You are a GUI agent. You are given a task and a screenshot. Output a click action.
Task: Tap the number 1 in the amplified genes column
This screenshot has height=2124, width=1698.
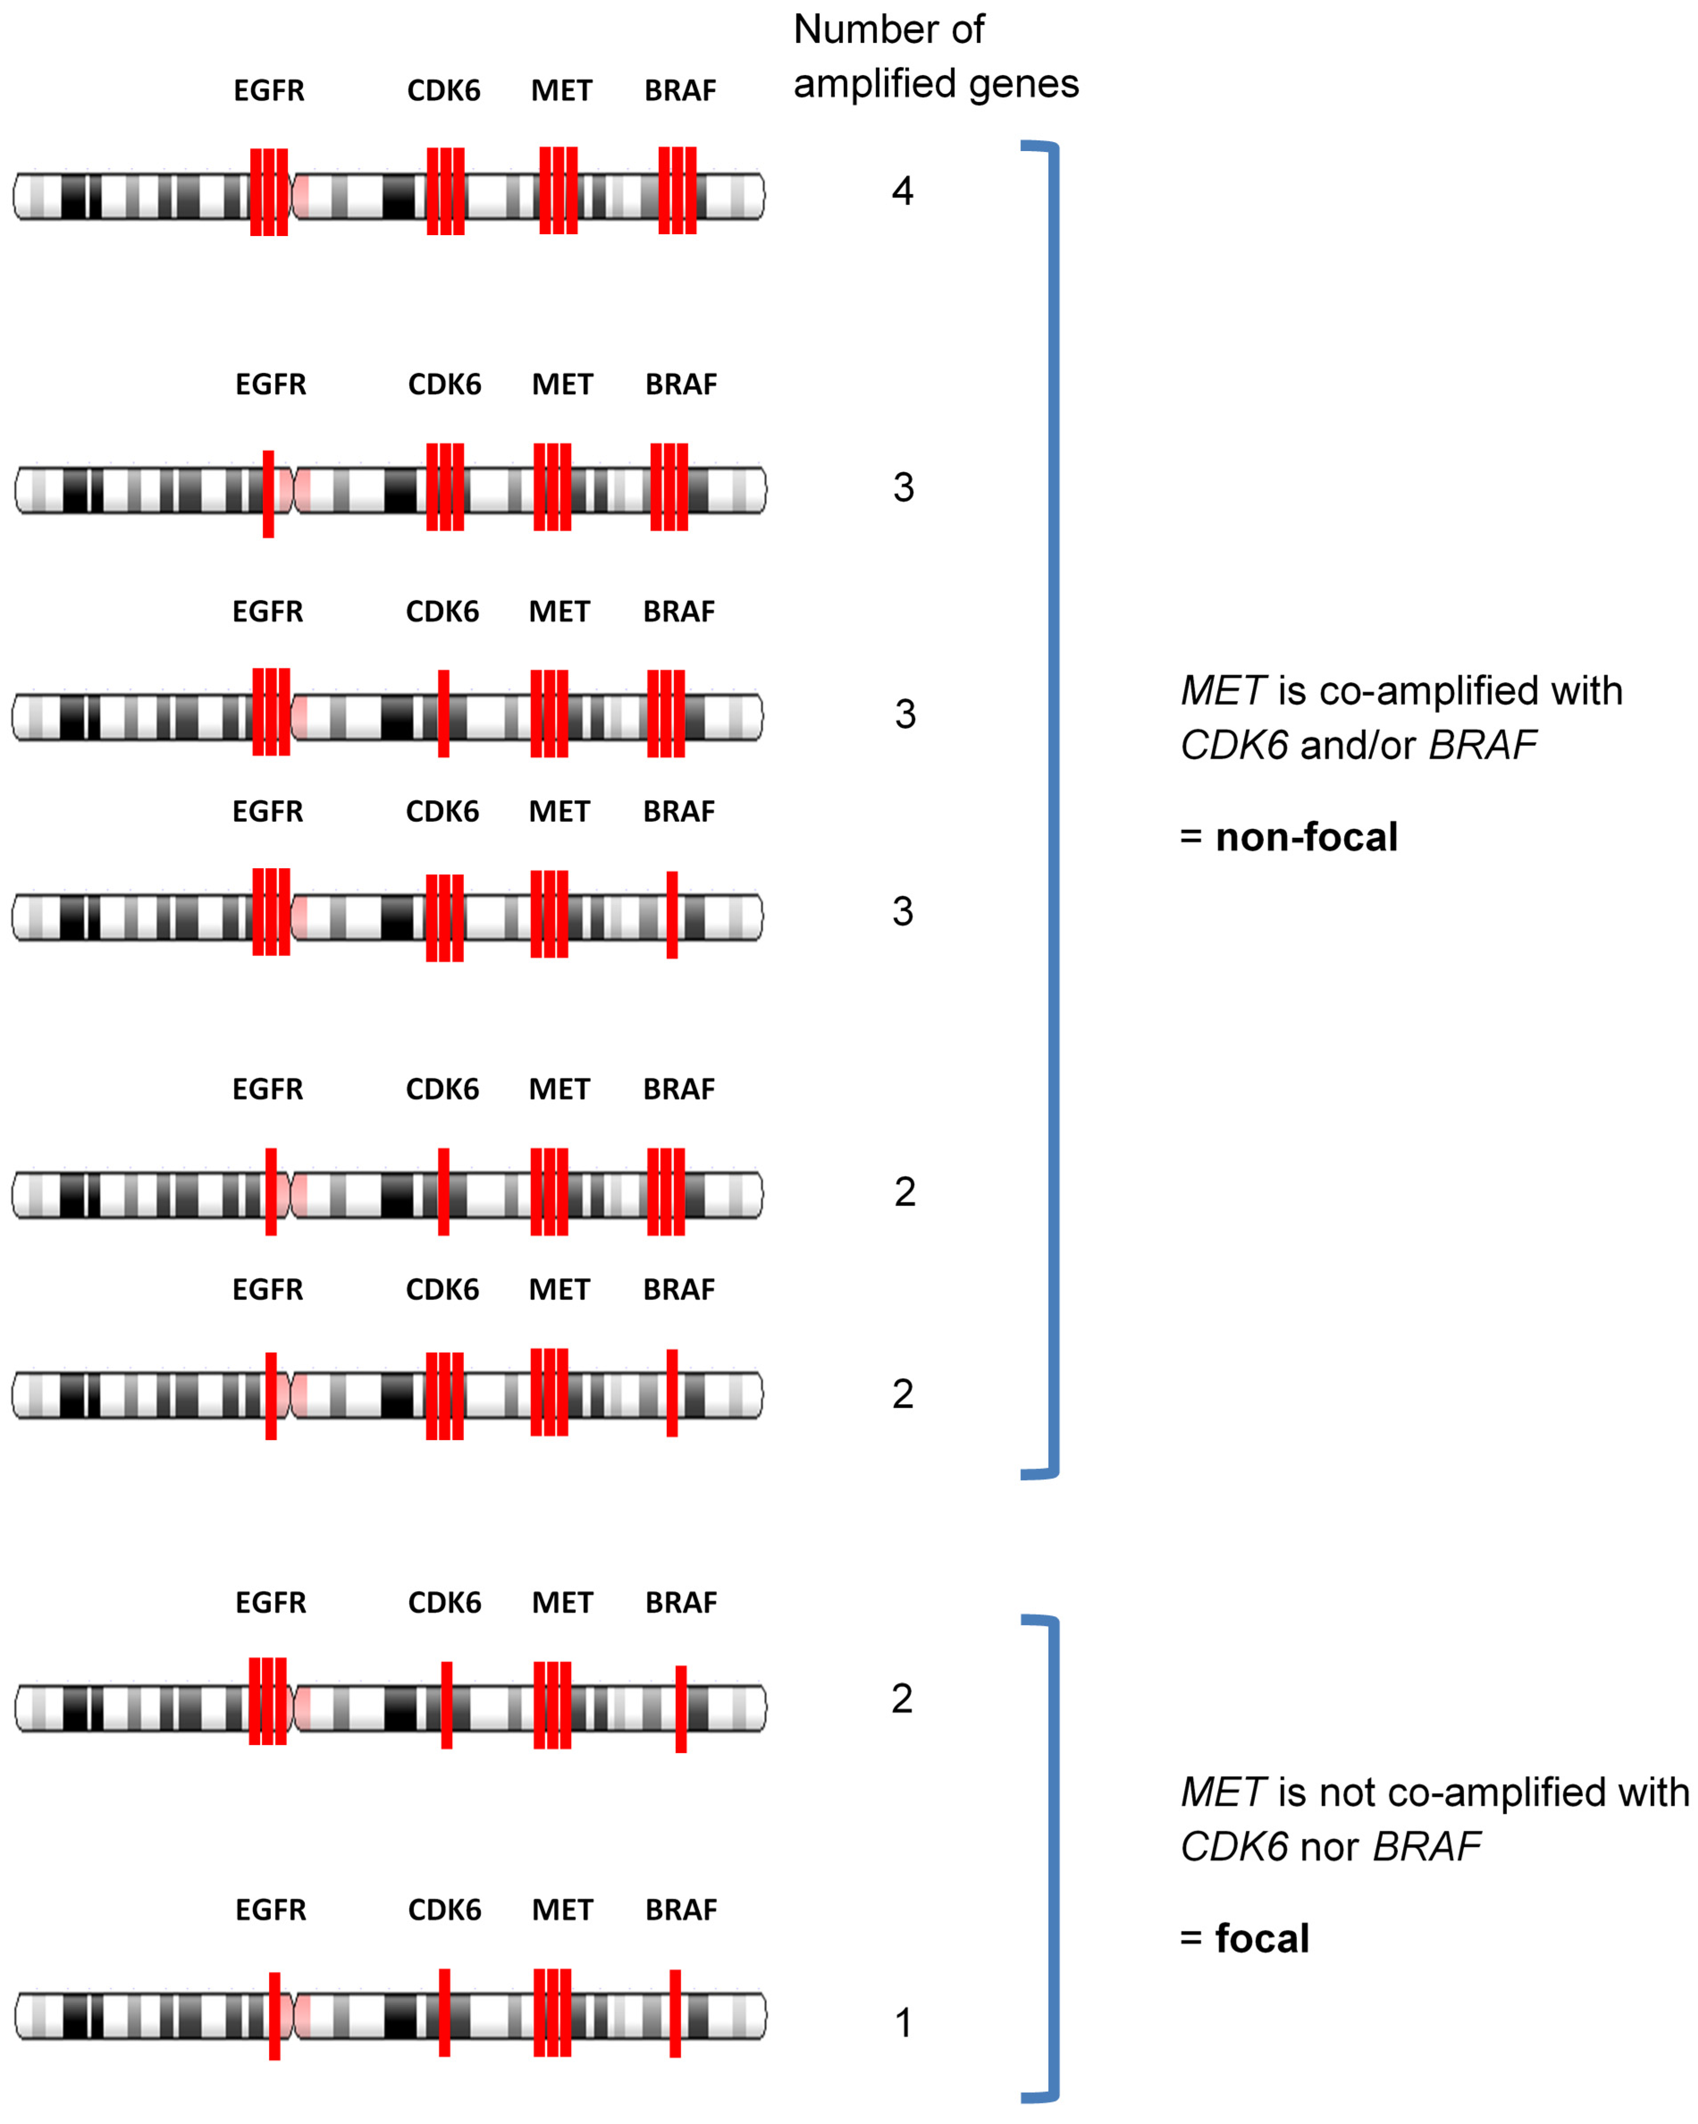[902, 2023]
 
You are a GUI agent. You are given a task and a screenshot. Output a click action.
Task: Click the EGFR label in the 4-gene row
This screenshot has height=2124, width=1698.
[269, 91]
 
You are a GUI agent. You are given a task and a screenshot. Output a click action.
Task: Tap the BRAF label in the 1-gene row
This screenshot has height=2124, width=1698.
[681, 1910]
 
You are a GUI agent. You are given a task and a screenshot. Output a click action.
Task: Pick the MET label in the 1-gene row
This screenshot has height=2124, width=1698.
[563, 1910]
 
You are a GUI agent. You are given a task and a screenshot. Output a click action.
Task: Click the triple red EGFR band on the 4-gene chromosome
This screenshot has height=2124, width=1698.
[269, 192]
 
